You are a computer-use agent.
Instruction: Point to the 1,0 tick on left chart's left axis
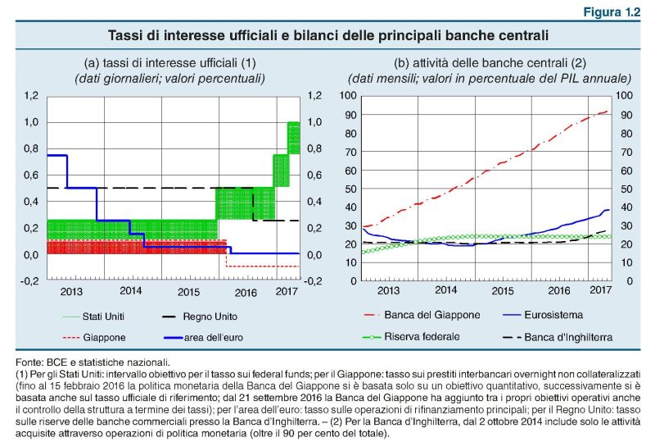pyautogui.click(x=29, y=122)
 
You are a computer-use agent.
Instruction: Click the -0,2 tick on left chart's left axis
pyautogui.click(x=28, y=280)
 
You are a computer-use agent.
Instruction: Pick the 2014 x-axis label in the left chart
pyautogui.click(x=131, y=291)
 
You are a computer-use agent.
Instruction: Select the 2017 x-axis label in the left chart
pyautogui.click(x=286, y=291)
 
